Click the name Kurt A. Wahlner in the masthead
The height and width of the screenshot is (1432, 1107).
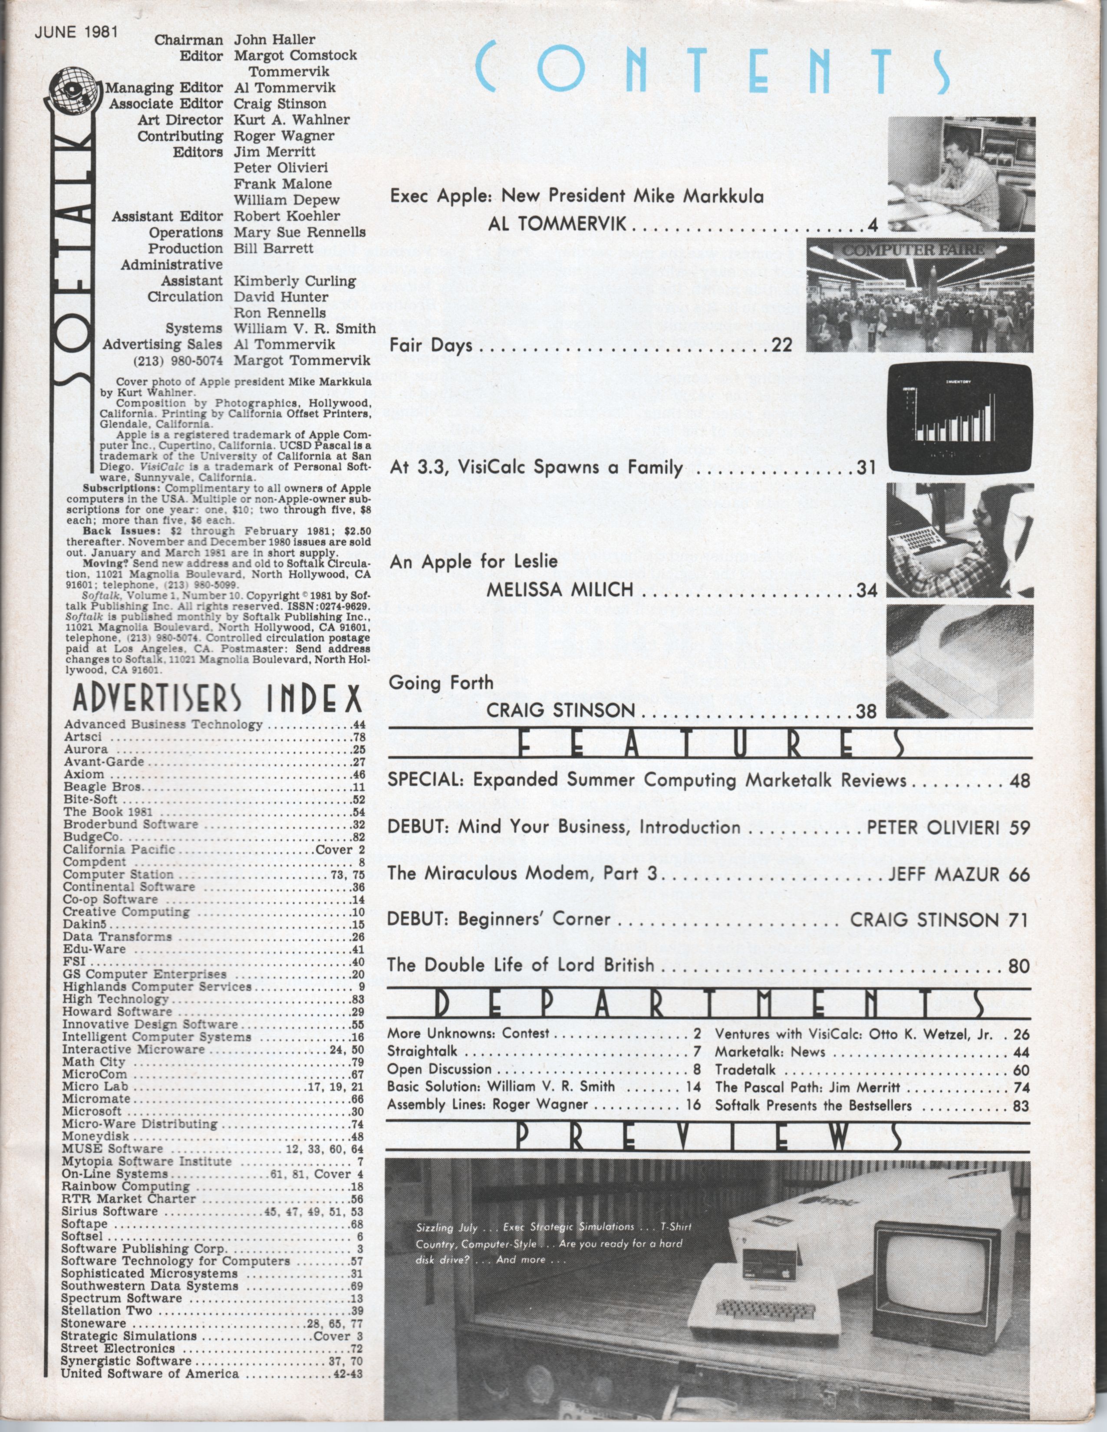(291, 120)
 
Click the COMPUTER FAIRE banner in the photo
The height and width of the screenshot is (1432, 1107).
(913, 250)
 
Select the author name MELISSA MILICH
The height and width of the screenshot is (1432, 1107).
(560, 590)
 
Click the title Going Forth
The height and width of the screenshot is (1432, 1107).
(441, 683)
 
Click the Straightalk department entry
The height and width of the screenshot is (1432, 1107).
(422, 1052)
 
